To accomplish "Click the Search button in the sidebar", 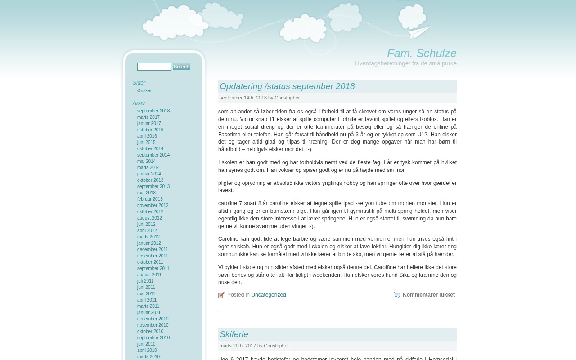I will [181, 67].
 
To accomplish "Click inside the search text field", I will [154, 67].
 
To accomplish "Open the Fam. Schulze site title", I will [422, 53].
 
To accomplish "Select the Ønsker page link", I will [144, 91].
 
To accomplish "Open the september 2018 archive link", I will [153, 111].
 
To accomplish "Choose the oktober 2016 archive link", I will [150, 130].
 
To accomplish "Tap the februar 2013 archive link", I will [150, 199].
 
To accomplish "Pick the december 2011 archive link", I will [153, 250].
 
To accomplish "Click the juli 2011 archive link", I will [145, 281].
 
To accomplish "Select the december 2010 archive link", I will [153, 319].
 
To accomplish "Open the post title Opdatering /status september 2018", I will [287, 86].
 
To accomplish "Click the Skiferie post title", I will [234, 334].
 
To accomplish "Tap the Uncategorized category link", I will [269, 295].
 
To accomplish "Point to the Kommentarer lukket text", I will [428, 295].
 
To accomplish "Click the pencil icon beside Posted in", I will [221, 295].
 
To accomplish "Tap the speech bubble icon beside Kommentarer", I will [397, 295].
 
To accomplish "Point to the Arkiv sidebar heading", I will [139, 103].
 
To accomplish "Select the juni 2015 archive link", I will [146, 143].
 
